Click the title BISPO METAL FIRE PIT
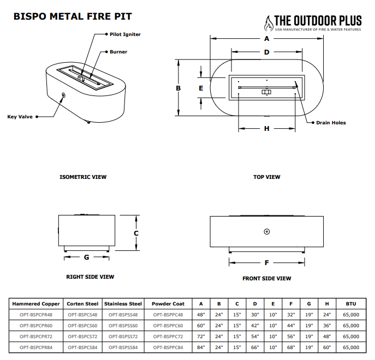(72, 17)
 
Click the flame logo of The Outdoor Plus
(268, 23)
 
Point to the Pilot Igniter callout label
(125, 34)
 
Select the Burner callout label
(118, 52)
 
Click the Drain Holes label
(331, 123)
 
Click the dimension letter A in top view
(266, 39)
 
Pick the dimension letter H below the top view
(266, 129)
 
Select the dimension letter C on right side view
(136, 233)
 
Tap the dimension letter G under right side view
(86, 256)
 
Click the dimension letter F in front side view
(266, 262)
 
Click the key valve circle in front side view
(266, 232)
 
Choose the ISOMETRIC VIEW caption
(83, 177)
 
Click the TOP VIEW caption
(266, 177)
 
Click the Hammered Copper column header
(36, 304)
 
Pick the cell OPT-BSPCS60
(82, 326)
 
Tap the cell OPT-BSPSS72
(123, 337)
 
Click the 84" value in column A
(200, 347)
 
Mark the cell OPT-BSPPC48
(168, 315)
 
